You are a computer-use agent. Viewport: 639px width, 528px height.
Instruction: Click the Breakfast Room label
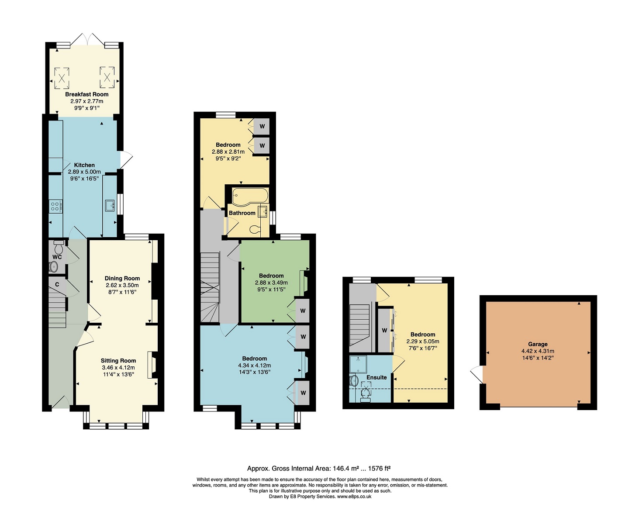click(x=86, y=94)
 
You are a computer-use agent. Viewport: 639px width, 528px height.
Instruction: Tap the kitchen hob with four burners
click(x=55, y=206)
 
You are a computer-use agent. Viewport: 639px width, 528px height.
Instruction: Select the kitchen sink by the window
click(x=110, y=205)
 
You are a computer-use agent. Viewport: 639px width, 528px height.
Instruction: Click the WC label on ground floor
click(x=57, y=257)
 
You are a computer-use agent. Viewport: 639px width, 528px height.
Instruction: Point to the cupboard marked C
click(x=57, y=285)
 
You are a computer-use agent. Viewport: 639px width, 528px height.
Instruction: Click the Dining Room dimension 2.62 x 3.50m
click(x=122, y=285)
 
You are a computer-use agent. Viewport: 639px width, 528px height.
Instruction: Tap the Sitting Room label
click(x=118, y=361)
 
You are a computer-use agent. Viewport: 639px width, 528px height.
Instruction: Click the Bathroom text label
click(x=242, y=213)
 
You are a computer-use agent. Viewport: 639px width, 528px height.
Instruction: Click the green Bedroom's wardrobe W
click(x=303, y=311)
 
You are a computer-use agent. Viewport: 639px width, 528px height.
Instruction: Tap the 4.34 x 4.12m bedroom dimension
click(x=254, y=366)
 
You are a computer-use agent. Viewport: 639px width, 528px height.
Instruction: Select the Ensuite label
click(x=376, y=377)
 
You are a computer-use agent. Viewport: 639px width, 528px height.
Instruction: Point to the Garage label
click(x=537, y=344)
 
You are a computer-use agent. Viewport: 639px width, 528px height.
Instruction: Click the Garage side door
click(x=477, y=375)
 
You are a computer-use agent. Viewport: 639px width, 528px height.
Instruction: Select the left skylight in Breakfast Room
click(x=62, y=78)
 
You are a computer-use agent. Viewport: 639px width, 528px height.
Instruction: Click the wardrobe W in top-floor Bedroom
click(x=384, y=330)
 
